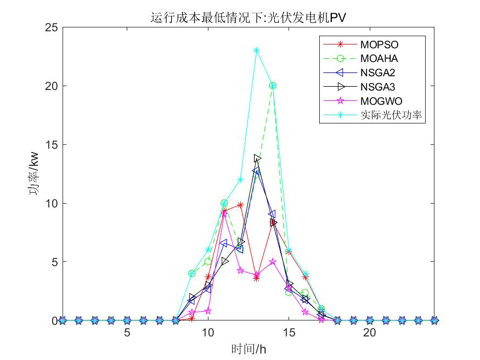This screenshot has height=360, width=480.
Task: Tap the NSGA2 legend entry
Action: tap(379, 72)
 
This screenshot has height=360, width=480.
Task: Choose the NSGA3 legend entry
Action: tap(379, 87)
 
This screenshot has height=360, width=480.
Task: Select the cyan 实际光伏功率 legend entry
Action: tap(392, 115)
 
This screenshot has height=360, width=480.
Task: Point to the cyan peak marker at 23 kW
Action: tap(256, 50)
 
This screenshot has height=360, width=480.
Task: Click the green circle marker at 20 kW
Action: tap(273, 86)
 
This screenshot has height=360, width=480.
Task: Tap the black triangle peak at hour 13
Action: tap(257, 159)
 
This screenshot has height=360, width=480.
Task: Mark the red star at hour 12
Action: tap(240, 205)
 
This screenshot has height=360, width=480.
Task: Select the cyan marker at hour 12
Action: tap(240, 179)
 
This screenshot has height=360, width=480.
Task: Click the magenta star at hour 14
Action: tap(273, 262)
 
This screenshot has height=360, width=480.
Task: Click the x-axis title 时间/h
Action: tap(249, 348)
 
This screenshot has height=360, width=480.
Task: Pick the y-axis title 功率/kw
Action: tap(34, 174)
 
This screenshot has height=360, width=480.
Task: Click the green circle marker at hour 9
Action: tap(191, 273)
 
